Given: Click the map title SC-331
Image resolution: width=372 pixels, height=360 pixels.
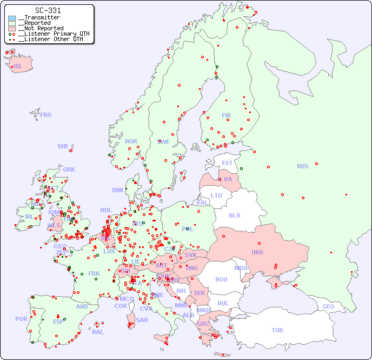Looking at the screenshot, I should (48, 10).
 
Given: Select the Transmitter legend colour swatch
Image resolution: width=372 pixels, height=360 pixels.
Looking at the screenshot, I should (12, 18).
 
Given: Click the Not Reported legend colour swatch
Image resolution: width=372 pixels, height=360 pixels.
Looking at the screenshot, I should (12, 29).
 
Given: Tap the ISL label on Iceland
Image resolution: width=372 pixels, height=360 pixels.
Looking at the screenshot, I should (18, 67).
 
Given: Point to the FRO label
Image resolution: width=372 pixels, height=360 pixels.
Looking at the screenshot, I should (46, 115).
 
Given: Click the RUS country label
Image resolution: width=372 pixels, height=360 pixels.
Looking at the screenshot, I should (302, 166).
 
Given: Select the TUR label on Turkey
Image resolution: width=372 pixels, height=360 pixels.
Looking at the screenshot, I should (277, 330).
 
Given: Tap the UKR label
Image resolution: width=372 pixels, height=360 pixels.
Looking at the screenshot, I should (257, 252).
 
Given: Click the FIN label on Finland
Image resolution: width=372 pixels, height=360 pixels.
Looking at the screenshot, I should (226, 115).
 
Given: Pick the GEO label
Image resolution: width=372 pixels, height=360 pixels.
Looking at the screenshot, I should (328, 306).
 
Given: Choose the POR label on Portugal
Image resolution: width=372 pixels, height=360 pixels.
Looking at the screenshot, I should (21, 319).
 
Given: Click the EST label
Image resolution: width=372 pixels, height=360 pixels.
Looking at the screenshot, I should (227, 163).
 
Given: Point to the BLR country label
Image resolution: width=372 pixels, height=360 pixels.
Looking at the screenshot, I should (234, 215).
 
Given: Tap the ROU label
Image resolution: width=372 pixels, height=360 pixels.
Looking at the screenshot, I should (221, 279).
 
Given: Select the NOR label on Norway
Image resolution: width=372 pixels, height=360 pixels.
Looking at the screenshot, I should (131, 141).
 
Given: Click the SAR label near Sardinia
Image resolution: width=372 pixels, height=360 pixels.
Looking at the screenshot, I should (142, 320).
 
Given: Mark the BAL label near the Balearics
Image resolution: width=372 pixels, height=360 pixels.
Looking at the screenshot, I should (98, 332).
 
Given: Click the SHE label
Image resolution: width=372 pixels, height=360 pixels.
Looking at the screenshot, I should (63, 146).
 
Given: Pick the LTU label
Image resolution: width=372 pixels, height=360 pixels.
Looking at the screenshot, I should (216, 195).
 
